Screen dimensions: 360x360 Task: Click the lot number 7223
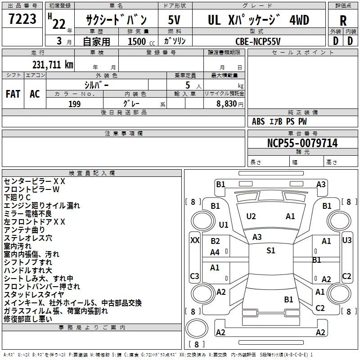(x=22, y=19)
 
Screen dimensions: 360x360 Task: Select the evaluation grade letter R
(x=343, y=21)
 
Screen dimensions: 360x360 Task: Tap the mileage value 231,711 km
(x=53, y=65)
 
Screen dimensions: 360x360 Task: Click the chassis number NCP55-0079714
(x=302, y=143)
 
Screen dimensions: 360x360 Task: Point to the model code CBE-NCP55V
(x=258, y=41)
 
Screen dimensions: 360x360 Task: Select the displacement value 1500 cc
(x=141, y=41)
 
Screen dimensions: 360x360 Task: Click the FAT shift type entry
(x=13, y=94)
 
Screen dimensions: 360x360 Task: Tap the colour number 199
(x=74, y=104)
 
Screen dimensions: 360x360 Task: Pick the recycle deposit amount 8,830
(x=226, y=104)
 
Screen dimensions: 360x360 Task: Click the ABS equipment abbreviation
(x=258, y=121)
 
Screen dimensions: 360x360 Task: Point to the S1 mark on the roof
(x=271, y=251)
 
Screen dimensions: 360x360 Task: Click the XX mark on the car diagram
(x=195, y=240)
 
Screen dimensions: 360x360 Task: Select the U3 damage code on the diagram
(x=346, y=240)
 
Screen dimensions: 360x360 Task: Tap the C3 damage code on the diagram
(x=194, y=276)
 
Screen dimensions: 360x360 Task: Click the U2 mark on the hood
(x=251, y=216)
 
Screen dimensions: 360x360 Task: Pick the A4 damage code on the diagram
(x=215, y=252)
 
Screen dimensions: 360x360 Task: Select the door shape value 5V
(x=174, y=20)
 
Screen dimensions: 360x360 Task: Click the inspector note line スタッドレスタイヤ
(x=34, y=295)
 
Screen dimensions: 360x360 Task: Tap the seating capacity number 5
(x=188, y=85)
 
